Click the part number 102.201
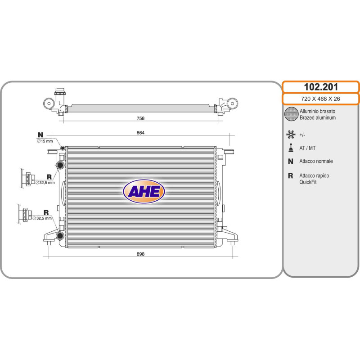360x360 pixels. (x=321, y=87)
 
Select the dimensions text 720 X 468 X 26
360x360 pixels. (x=320, y=99)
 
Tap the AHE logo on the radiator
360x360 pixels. (x=144, y=191)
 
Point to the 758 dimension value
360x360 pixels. (x=140, y=118)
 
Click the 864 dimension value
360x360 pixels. (x=140, y=133)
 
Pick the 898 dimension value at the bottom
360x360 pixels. (x=140, y=254)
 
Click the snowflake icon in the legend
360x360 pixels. (x=291, y=135)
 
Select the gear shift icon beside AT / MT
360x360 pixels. (x=291, y=148)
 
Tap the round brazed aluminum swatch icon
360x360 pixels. (x=291, y=114)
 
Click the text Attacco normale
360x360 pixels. (x=316, y=161)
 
